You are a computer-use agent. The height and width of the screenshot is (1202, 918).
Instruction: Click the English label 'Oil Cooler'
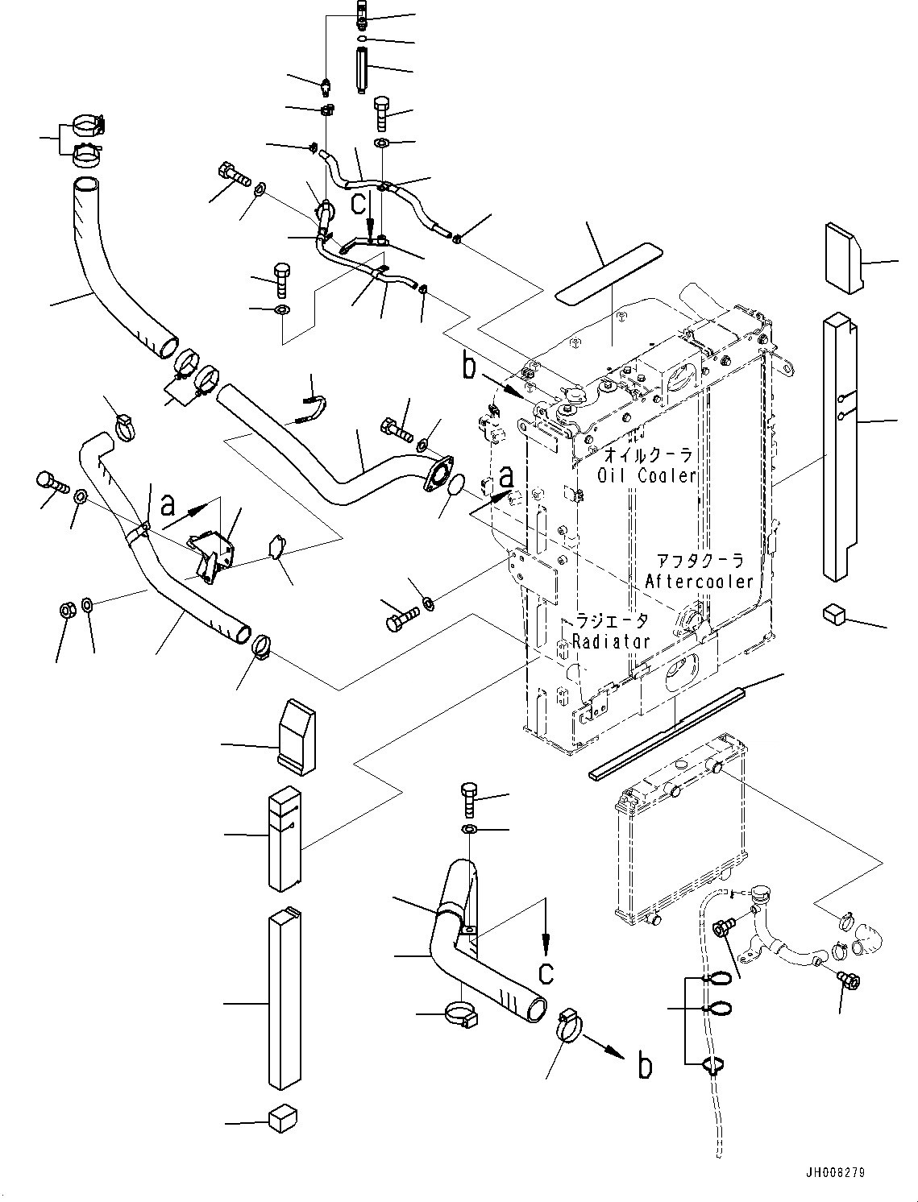tap(646, 475)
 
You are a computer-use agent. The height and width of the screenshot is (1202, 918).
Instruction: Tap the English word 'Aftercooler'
tap(699, 581)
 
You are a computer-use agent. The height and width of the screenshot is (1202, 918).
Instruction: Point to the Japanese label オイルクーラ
tap(648, 454)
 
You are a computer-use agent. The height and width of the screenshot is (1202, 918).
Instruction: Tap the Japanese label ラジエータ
tap(610, 621)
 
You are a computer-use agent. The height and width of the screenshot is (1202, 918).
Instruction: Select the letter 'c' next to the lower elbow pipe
tap(546, 972)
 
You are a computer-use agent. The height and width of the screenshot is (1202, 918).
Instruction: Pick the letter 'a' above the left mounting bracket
tap(168, 505)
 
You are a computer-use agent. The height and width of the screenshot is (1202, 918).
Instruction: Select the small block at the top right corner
tap(843, 255)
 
